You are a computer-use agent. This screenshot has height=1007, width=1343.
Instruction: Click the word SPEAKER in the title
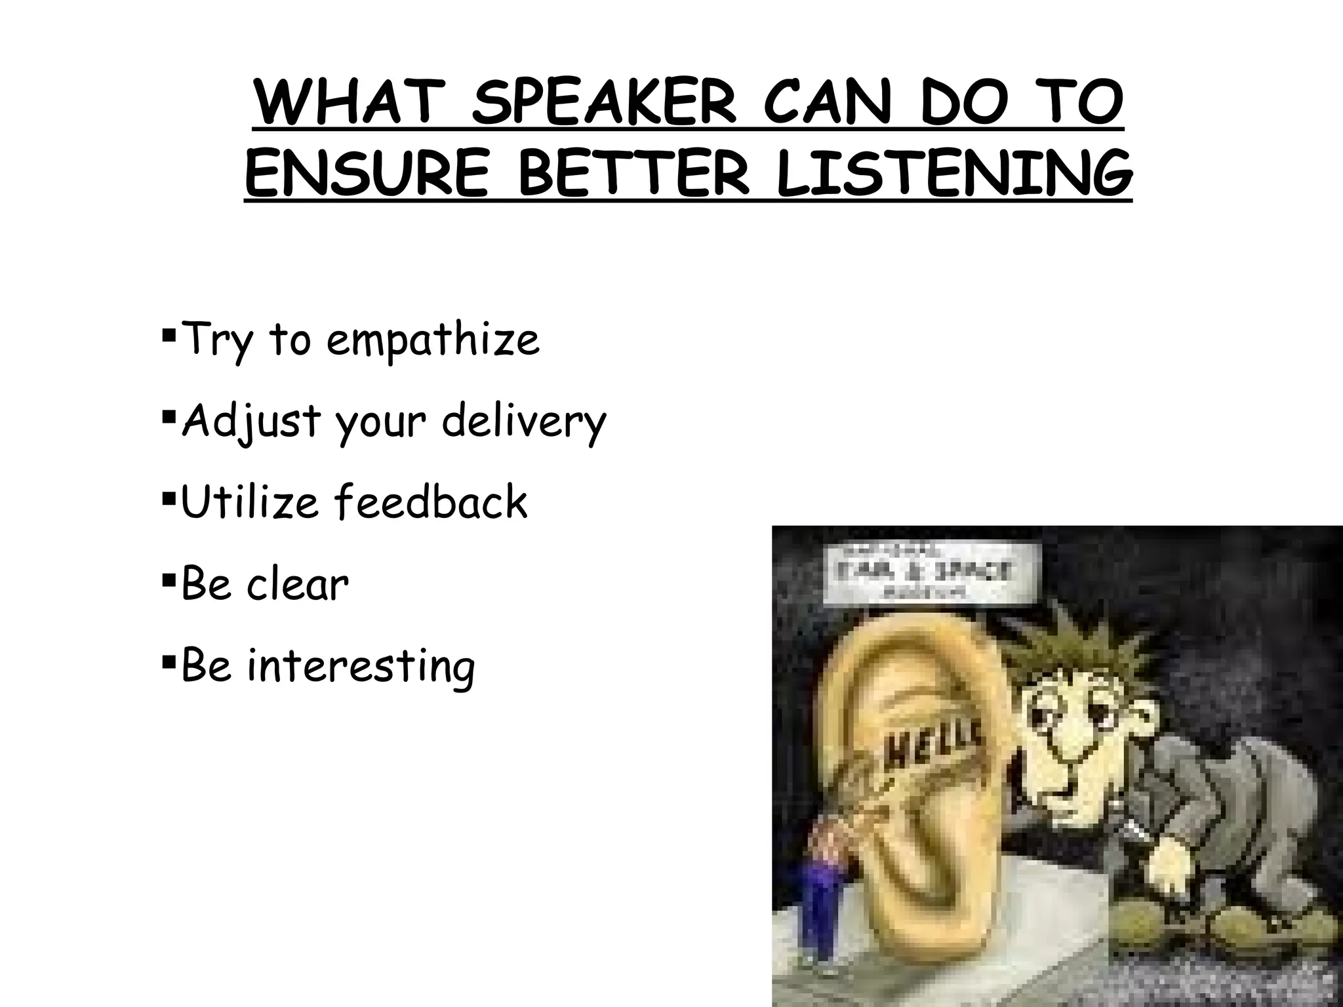coord(603,106)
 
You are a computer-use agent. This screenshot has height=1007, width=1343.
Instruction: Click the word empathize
coord(433,341)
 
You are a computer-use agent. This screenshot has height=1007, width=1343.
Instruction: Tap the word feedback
coord(430,502)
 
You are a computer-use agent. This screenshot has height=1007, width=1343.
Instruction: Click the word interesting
coord(361,666)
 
